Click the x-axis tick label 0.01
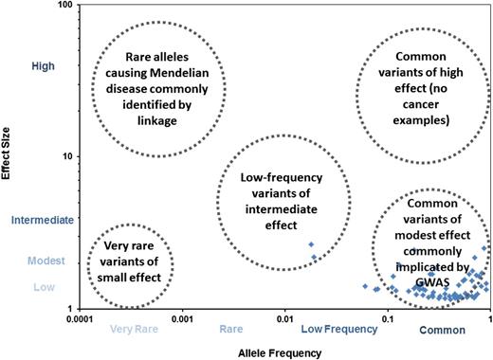pos(285,320)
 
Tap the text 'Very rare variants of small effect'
pos(131,265)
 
